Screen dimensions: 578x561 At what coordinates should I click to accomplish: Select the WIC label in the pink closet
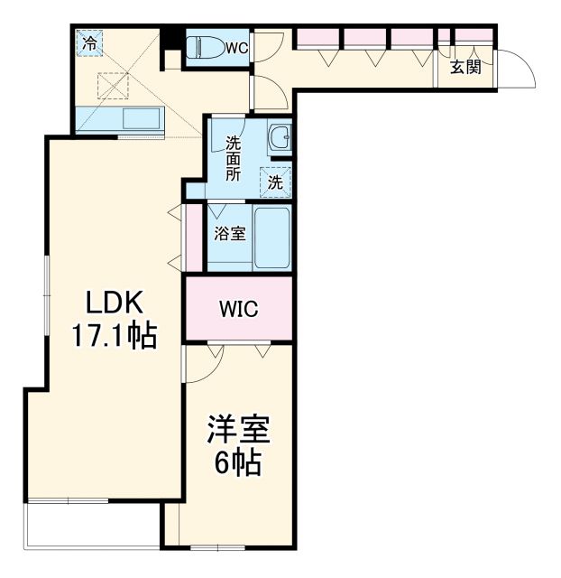pyautogui.click(x=239, y=310)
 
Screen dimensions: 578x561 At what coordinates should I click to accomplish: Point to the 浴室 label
pyautogui.click(x=229, y=233)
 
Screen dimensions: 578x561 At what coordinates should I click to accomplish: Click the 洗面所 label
pyautogui.click(x=234, y=158)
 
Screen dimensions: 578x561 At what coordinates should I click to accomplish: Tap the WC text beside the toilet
pyautogui.click(x=236, y=47)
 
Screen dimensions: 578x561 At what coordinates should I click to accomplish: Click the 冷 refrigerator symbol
pyautogui.click(x=90, y=42)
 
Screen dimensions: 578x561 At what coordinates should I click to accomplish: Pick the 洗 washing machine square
pyautogui.click(x=276, y=181)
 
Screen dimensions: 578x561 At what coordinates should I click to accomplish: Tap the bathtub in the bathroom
pyautogui.click(x=271, y=238)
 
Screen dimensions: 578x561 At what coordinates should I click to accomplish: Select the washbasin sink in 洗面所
pyautogui.click(x=280, y=138)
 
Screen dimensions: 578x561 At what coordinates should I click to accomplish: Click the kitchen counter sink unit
pyautogui.click(x=119, y=119)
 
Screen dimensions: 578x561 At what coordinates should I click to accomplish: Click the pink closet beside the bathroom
pyautogui.click(x=193, y=238)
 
